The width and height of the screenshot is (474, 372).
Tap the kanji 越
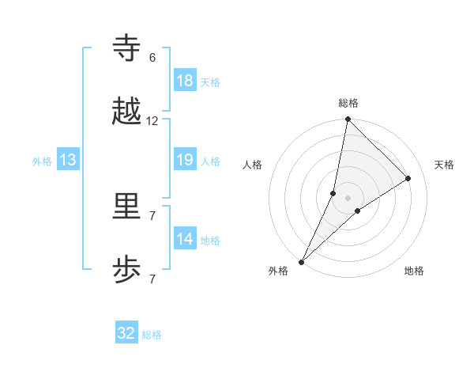pos(128,112)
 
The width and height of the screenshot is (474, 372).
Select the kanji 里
pos(128,207)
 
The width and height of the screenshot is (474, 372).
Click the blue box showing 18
pos(185,80)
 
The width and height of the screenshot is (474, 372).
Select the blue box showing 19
pos(185,160)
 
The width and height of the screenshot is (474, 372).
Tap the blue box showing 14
pos(185,239)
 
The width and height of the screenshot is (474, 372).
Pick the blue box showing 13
pos(68,160)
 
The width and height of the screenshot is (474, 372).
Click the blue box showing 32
pos(126,333)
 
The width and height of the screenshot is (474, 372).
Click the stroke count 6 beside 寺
pos(152,58)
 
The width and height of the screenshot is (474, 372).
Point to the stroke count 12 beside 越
pos(152,121)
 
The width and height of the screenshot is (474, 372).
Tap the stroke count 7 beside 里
pos(152,215)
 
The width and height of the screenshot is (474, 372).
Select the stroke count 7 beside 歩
pos(152,279)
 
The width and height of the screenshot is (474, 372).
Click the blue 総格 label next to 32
pos(152,335)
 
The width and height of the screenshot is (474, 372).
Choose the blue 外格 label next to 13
pos(42,161)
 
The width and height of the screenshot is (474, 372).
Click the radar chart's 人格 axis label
pos(253,165)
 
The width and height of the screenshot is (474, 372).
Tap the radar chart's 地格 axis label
pos(414,271)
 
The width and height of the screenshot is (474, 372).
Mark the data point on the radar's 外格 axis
pos(302,261)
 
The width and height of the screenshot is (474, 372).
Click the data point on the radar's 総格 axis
pos(348,120)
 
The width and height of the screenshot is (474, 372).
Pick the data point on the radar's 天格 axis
pos(408,178)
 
